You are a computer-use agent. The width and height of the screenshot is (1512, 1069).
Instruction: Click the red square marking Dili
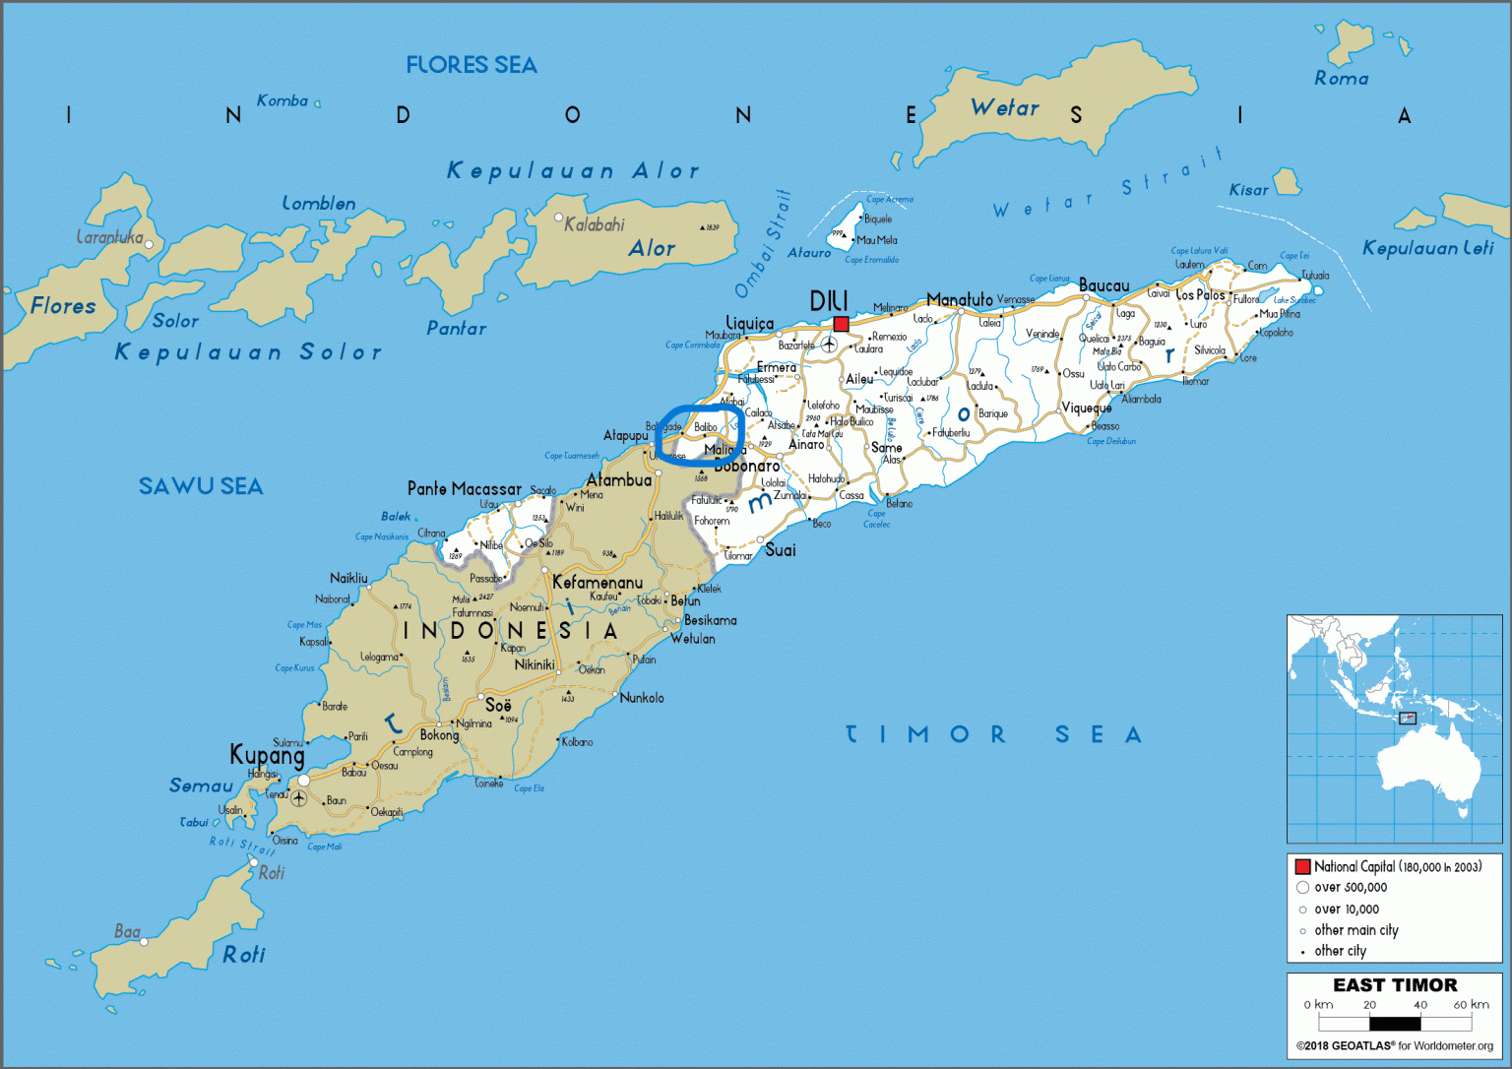click(x=841, y=324)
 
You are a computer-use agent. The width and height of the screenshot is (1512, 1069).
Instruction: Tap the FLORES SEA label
click(x=472, y=66)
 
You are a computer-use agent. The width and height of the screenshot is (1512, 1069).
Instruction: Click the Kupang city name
click(x=267, y=755)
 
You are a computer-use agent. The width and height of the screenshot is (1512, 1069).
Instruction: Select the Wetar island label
click(x=1004, y=108)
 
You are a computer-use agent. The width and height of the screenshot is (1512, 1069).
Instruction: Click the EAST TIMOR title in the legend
click(x=1394, y=985)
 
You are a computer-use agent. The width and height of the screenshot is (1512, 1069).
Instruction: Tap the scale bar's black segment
click(x=1395, y=1024)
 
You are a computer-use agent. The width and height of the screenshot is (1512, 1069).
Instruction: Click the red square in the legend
click(x=1302, y=867)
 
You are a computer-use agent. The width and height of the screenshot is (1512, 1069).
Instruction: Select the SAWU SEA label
click(x=201, y=486)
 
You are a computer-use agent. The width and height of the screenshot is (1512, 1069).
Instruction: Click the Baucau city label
click(x=1103, y=285)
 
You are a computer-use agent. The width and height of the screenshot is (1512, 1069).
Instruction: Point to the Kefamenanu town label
click(x=597, y=583)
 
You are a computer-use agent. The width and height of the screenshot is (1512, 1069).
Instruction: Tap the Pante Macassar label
click(x=465, y=489)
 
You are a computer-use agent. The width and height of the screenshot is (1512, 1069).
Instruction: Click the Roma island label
click(x=1341, y=79)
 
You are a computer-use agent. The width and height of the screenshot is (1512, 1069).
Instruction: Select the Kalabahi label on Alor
click(x=595, y=224)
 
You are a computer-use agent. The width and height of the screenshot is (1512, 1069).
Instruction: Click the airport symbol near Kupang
click(x=298, y=798)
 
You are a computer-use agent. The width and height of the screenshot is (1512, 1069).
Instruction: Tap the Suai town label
click(x=780, y=550)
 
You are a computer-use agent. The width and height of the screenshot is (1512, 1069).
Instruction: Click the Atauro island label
click(x=809, y=253)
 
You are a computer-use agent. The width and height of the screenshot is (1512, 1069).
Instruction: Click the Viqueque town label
click(x=1087, y=408)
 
